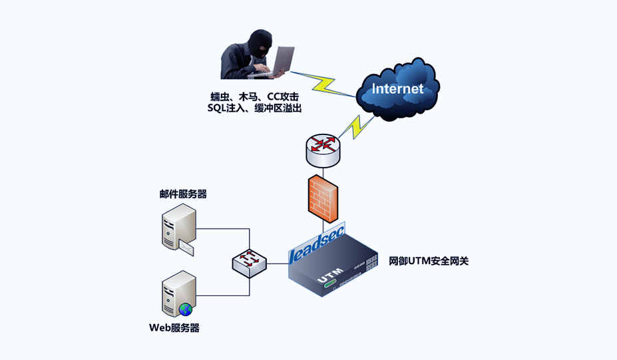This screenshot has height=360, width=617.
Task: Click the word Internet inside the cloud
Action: click(397, 89)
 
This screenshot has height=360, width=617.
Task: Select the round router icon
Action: click(323, 149)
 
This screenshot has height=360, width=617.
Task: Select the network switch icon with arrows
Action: click(249, 262)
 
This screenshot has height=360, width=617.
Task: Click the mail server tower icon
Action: click(178, 226)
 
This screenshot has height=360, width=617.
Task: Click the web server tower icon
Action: click(178, 293)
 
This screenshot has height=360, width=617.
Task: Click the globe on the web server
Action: click(185, 309)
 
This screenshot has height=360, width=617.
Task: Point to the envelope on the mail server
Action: click(186, 248)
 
